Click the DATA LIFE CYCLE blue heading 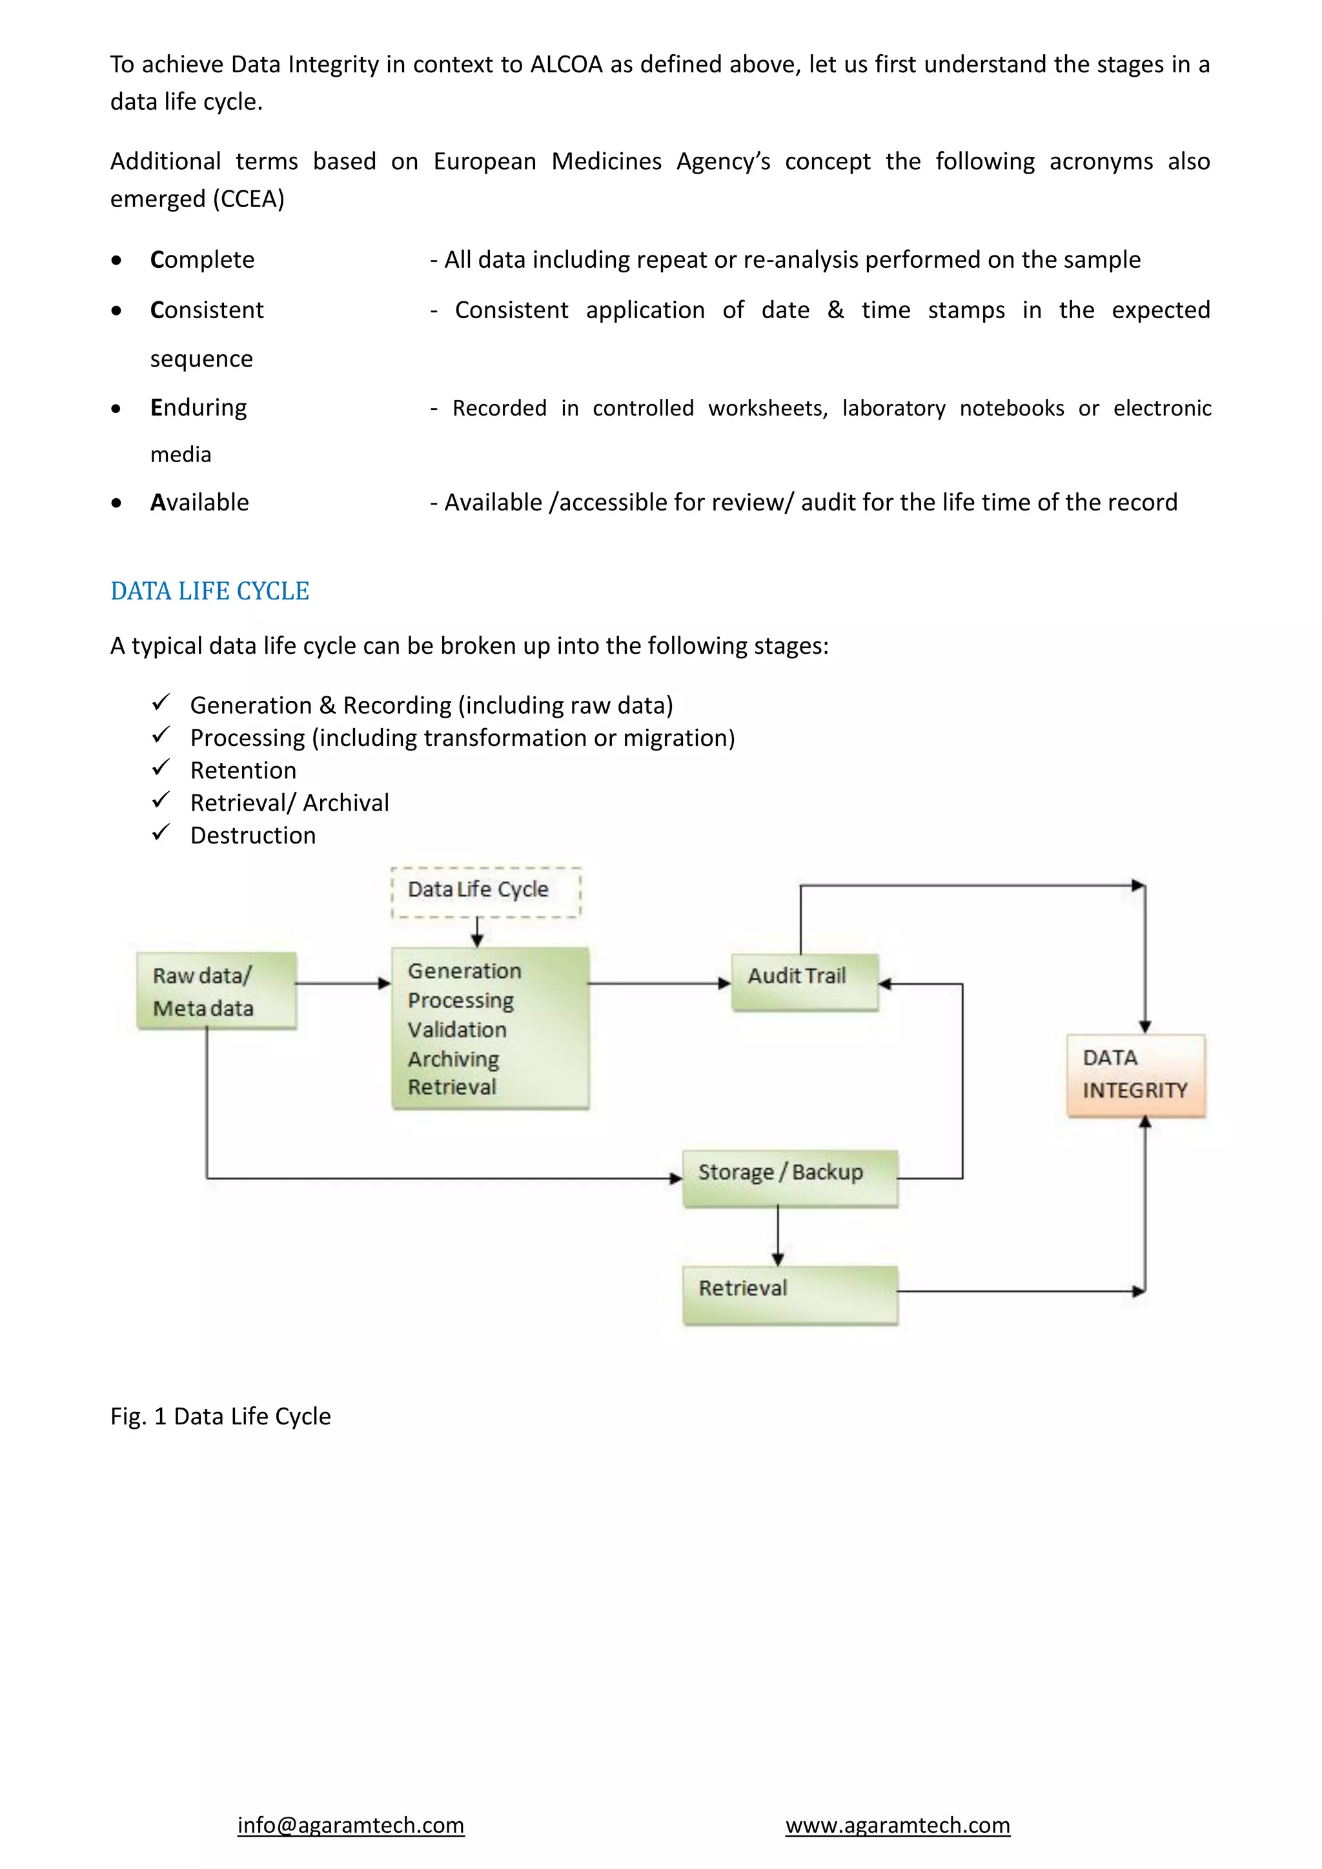(x=210, y=591)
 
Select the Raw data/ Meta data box (x=216, y=991)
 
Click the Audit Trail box (x=804, y=982)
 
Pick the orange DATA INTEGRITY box (x=1135, y=1075)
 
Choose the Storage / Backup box (x=789, y=1177)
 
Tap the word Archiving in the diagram (x=453, y=1059)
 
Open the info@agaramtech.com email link (x=351, y=1825)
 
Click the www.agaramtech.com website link (x=897, y=1825)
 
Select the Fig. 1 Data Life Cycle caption (x=221, y=1417)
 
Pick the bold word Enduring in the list (x=199, y=407)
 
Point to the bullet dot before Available (x=117, y=503)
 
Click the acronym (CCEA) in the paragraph (x=249, y=199)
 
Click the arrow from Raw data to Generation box (x=343, y=984)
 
